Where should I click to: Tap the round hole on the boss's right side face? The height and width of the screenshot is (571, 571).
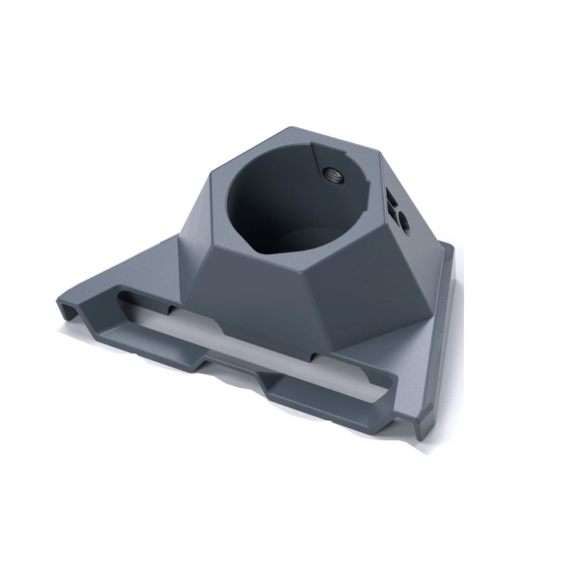[x=404, y=223]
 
